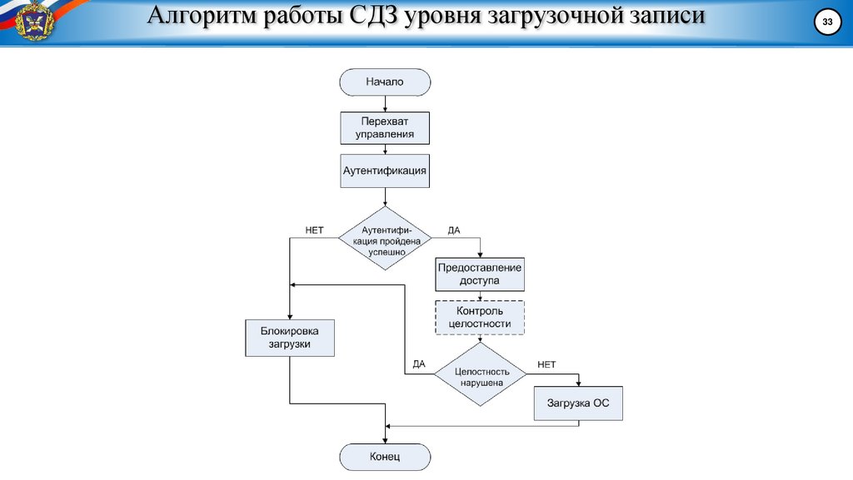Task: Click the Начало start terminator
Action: pyautogui.click(x=384, y=82)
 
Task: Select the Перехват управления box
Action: pyautogui.click(x=384, y=127)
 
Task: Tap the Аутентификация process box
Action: pyautogui.click(x=384, y=170)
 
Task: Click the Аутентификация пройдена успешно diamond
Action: pyautogui.click(x=384, y=239)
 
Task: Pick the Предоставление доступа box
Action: pyautogui.click(x=480, y=274)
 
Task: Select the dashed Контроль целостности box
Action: pyautogui.click(x=480, y=317)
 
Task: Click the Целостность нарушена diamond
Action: pyautogui.click(x=480, y=375)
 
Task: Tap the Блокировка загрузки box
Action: pyautogui.click(x=289, y=338)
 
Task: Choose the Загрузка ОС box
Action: pyautogui.click(x=578, y=404)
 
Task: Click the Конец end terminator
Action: pyautogui.click(x=384, y=457)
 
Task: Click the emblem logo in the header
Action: pyautogui.click(x=33, y=20)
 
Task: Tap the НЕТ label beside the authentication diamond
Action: pyautogui.click(x=314, y=230)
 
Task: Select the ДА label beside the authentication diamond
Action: pyautogui.click(x=454, y=230)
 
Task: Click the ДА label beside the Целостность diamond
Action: pyautogui.click(x=419, y=364)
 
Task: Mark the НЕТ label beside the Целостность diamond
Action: pyautogui.click(x=546, y=364)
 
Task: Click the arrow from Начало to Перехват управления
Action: pyautogui.click(x=384, y=103)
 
